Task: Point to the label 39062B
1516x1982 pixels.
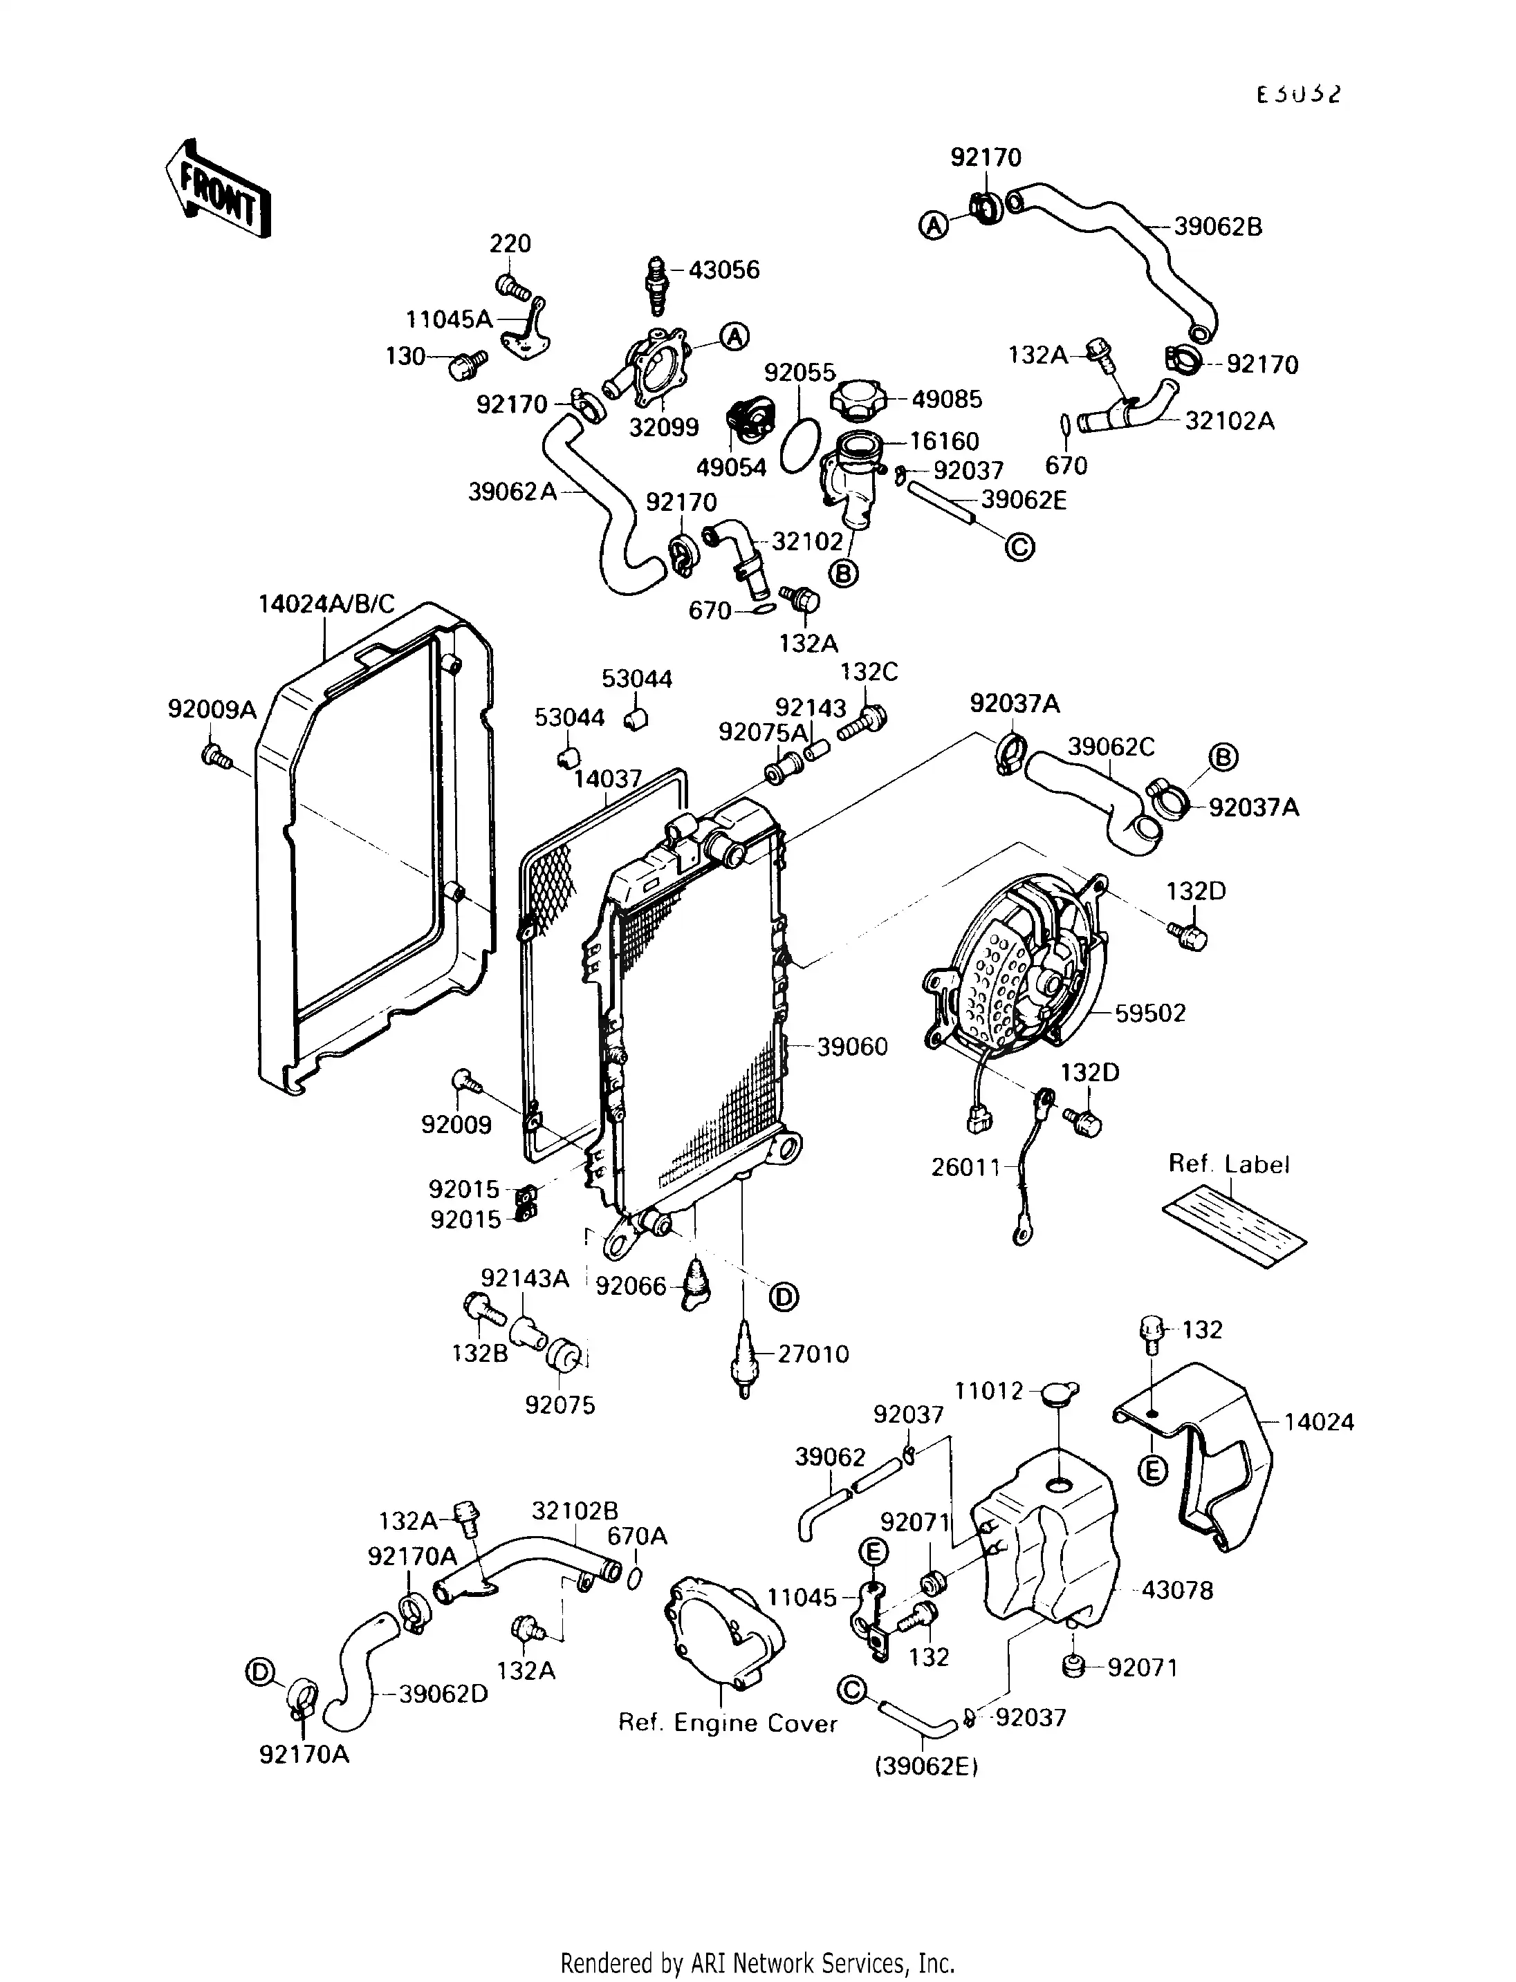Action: click(x=1217, y=227)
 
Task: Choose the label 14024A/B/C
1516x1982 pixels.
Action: click(x=326, y=604)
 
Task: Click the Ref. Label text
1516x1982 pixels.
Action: click(x=1228, y=1165)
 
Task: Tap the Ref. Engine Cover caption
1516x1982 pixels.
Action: click(x=728, y=1724)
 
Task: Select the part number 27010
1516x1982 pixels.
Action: click(x=813, y=1354)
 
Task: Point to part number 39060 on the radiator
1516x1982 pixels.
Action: click(x=852, y=1047)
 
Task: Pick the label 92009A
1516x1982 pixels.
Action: click(x=212, y=710)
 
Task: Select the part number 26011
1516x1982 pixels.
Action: click(x=965, y=1168)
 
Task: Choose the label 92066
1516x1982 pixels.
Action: click(x=631, y=1286)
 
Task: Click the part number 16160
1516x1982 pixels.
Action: click(x=944, y=441)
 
